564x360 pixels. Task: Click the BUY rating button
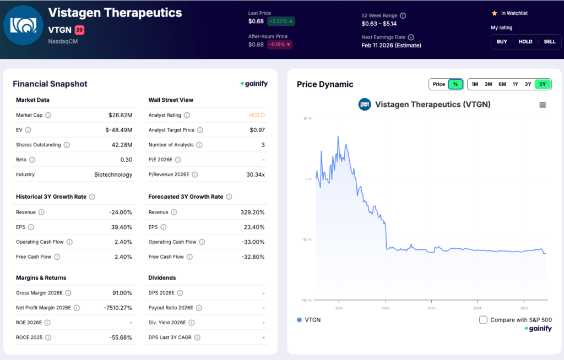(x=502, y=41)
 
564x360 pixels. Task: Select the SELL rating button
(x=550, y=41)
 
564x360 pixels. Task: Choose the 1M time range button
(x=475, y=84)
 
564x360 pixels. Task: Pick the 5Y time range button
(x=543, y=84)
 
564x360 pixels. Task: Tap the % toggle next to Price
(x=455, y=84)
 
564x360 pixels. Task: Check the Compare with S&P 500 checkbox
(x=483, y=320)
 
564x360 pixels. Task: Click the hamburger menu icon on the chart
(x=543, y=105)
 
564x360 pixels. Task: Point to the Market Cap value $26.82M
(x=120, y=115)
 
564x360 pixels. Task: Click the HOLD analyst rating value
(x=257, y=115)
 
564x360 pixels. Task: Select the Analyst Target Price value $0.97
(x=257, y=130)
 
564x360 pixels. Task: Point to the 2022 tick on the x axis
(x=386, y=308)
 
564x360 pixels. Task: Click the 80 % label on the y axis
(x=307, y=118)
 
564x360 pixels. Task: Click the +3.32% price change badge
(x=281, y=21)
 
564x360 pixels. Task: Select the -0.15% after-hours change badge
(x=280, y=45)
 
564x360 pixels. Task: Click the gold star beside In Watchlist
(x=495, y=13)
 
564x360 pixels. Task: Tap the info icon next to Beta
(x=32, y=160)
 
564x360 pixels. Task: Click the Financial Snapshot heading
(x=50, y=84)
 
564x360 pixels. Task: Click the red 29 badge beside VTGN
(x=79, y=30)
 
